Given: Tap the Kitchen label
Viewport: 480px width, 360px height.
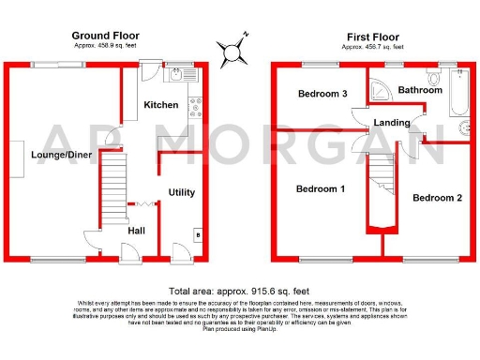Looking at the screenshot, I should [x=160, y=106].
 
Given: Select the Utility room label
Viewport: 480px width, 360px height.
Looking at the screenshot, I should [x=181, y=192].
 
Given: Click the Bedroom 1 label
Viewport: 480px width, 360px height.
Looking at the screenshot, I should [x=321, y=189].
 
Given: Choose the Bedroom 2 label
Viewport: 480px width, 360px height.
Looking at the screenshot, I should [x=437, y=198].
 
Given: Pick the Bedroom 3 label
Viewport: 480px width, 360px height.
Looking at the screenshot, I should [x=322, y=94].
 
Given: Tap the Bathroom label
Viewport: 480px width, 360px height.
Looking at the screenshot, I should [x=419, y=90].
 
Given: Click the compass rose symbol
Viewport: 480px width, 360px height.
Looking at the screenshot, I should [x=231, y=49].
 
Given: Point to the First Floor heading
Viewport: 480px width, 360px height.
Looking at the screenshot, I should [x=373, y=35].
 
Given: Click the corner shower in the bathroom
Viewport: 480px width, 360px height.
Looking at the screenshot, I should [x=379, y=88].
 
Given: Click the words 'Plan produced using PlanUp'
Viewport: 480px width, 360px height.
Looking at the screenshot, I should [x=239, y=329].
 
